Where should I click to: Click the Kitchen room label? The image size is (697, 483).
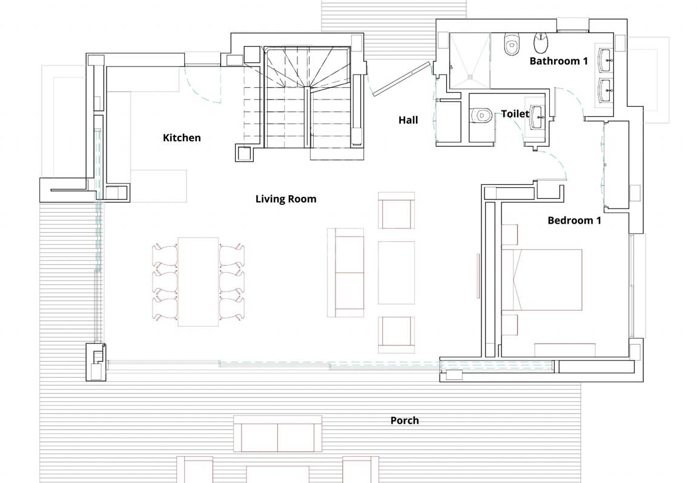pyautogui.click(x=182, y=138)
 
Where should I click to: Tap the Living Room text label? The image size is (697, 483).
pyautogui.click(x=286, y=199)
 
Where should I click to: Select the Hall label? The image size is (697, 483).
pyautogui.click(x=408, y=120)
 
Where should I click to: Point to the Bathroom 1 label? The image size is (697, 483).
pyautogui.click(x=558, y=61)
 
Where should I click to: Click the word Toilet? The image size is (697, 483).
pyautogui.click(x=515, y=114)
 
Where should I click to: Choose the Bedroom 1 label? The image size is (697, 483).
pyautogui.click(x=574, y=221)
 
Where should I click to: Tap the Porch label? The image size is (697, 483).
pyautogui.click(x=405, y=421)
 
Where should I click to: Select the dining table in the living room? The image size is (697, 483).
pyautogui.click(x=198, y=282)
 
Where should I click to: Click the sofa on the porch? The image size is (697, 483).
pyautogui.click(x=278, y=434)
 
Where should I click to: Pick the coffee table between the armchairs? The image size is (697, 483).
pyautogui.click(x=396, y=273)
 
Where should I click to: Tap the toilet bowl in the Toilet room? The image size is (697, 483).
pyautogui.click(x=482, y=114)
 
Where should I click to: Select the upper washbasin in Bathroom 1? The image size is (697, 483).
pyautogui.click(x=605, y=59)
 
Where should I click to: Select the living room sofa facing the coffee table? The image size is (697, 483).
pyautogui.click(x=345, y=273)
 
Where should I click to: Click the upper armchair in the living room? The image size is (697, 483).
pyautogui.click(x=396, y=212)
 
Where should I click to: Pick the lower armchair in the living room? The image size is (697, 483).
pyautogui.click(x=396, y=334)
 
